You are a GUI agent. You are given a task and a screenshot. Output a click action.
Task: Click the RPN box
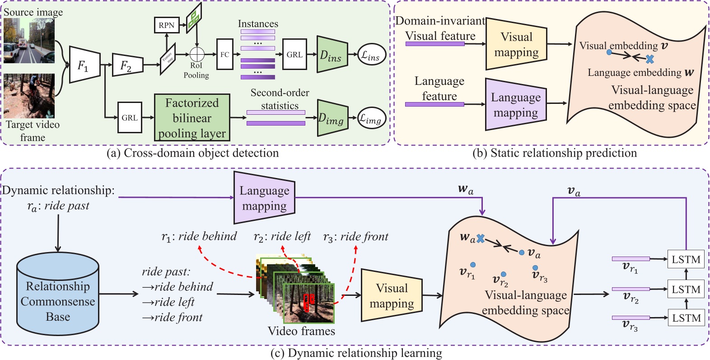[166, 26]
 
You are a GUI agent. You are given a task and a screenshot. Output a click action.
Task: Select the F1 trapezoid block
[84, 65]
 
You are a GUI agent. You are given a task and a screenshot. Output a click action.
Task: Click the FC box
[224, 54]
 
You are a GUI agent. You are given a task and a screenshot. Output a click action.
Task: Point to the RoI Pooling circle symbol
[197, 54]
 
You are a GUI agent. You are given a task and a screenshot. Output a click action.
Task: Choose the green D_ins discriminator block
[332, 55]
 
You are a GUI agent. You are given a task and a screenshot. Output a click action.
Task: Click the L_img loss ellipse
[371, 118]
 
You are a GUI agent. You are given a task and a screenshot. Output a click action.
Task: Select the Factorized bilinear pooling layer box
[192, 118]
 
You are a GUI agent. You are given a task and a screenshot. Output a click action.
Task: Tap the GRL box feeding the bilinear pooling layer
[130, 117]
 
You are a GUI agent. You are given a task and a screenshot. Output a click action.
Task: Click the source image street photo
[29, 41]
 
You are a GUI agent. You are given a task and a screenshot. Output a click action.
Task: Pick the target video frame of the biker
[29, 96]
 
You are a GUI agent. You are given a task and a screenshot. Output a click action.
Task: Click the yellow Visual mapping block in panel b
[516, 44]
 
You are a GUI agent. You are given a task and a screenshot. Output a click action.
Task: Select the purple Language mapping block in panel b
[515, 105]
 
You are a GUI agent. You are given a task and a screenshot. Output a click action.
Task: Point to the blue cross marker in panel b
[649, 59]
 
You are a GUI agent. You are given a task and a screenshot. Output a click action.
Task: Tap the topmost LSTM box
[686, 259]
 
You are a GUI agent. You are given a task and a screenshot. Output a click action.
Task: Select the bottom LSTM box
[686, 318]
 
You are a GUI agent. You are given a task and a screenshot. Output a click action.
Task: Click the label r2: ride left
[282, 236]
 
